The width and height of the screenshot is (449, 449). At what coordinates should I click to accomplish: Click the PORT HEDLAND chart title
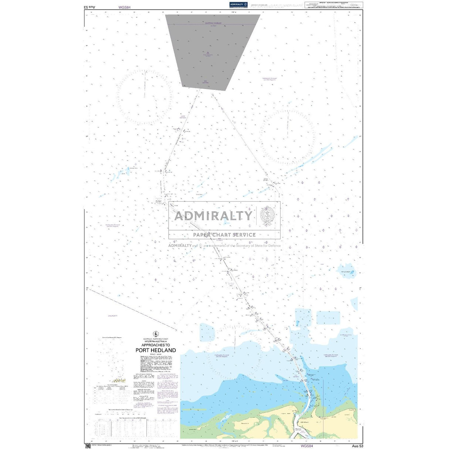tap(155, 350)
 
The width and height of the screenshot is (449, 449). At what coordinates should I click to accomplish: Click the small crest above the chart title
tap(155, 334)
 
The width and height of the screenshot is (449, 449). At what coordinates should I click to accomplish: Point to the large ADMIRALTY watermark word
tap(213, 216)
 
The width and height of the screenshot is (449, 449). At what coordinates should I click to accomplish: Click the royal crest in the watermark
tap(267, 215)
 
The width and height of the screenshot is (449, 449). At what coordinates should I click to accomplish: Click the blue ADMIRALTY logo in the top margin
tap(238, 4)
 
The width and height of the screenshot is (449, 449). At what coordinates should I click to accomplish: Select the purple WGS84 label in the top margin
tap(125, 7)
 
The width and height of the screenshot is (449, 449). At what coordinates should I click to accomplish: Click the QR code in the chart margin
tap(88, 446)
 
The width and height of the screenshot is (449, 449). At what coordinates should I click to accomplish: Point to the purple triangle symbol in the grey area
tap(207, 53)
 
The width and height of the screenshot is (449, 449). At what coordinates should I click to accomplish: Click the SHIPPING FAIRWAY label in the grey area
tap(213, 23)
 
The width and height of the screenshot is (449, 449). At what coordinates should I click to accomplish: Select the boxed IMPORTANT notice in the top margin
tap(334, 5)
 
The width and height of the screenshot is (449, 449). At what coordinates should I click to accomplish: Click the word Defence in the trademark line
tap(274, 246)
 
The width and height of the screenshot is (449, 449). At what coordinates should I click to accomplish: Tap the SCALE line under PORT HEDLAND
tap(155, 354)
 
